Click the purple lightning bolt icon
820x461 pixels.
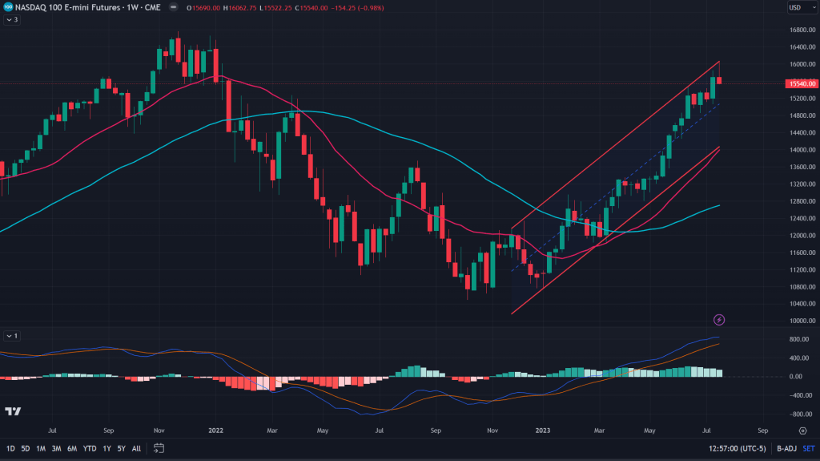click(x=719, y=320)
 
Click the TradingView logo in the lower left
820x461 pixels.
click(x=13, y=411)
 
